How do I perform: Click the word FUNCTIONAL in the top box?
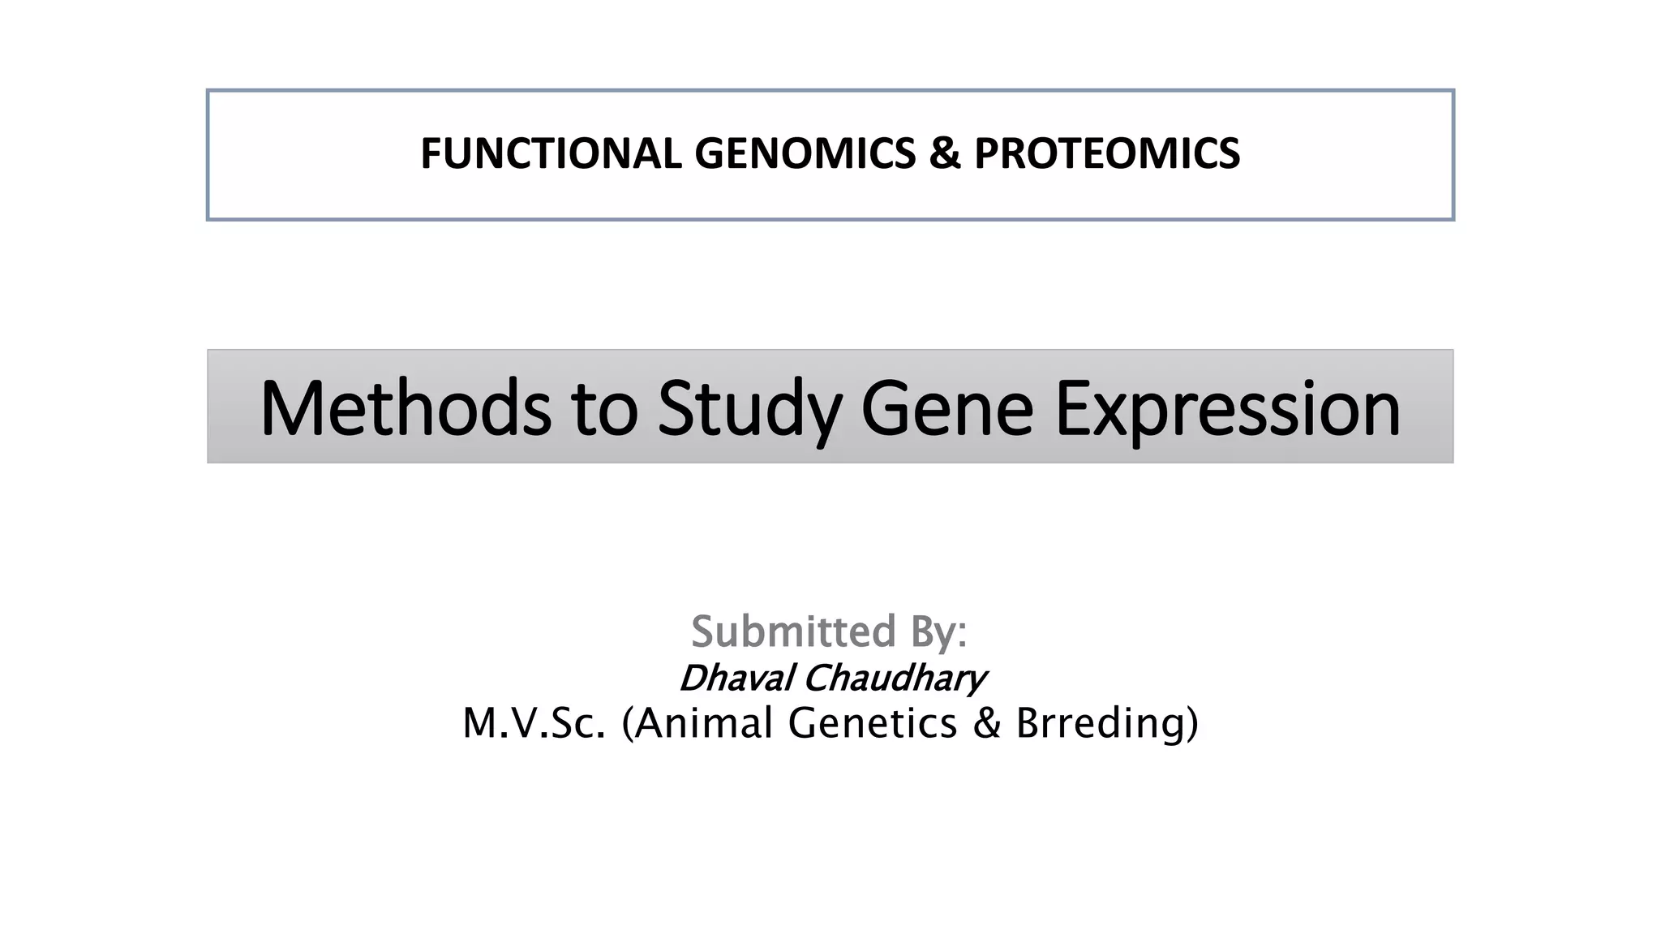(x=551, y=153)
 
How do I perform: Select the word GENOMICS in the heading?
(x=805, y=153)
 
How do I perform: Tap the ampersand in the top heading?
(x=944, y=153)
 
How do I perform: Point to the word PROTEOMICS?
(x=1107, y=153)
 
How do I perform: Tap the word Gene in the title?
(x=946, y=408)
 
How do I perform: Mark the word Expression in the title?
(x=1227, y=408)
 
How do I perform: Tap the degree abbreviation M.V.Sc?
(x=534, y=723)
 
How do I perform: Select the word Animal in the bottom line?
(x=704, y=723)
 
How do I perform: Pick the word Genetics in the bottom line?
(x=873, y=723)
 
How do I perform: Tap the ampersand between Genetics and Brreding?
(x=987, y=723)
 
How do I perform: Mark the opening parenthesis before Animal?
(x=628, y=723)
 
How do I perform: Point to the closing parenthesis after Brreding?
(x=1191, y=723)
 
